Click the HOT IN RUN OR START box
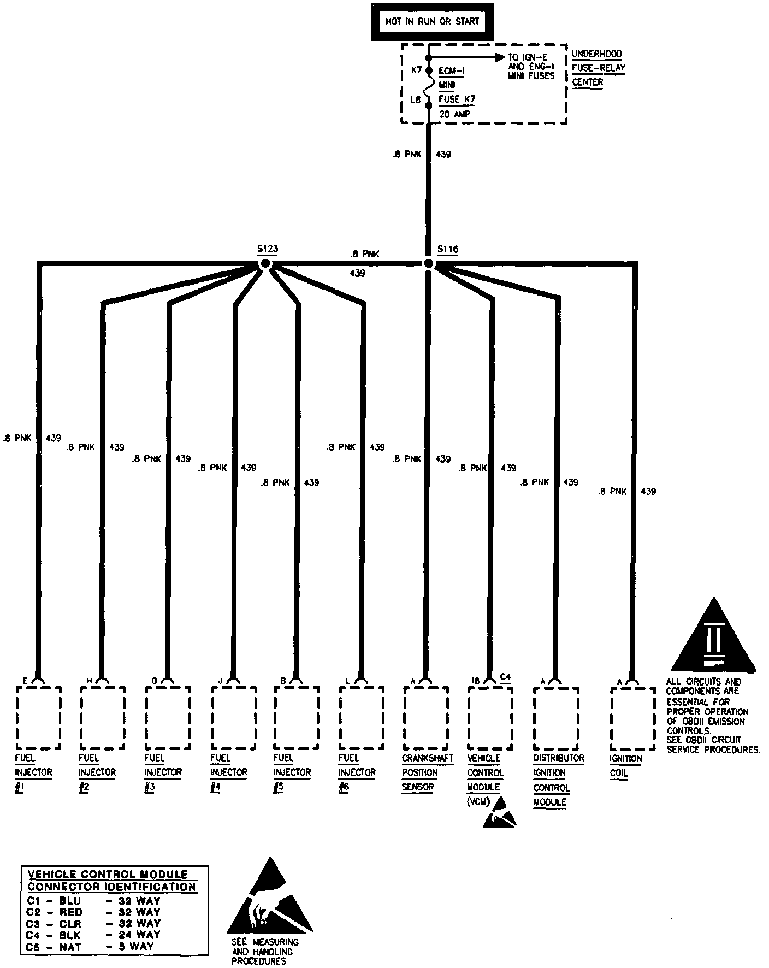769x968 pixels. (432, 22)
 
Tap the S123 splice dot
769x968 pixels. (265, 264)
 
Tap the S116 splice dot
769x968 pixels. (429, 264)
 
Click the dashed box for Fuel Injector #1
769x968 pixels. (38, 718)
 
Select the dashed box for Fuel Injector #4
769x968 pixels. (233, 718)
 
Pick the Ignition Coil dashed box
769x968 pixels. (632, 719)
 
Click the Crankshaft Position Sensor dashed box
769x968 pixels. (426, 718)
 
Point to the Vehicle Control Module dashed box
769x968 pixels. (490, 718)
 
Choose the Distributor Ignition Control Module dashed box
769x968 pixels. (555, 718)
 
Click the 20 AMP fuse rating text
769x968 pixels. (455, 114)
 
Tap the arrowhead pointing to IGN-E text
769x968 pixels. (499, 57)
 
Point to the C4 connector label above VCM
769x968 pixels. (505, 677)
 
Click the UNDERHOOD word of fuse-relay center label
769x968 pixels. (596, 54)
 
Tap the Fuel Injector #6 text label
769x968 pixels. (357, 772)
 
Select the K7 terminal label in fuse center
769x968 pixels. (417, 70)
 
